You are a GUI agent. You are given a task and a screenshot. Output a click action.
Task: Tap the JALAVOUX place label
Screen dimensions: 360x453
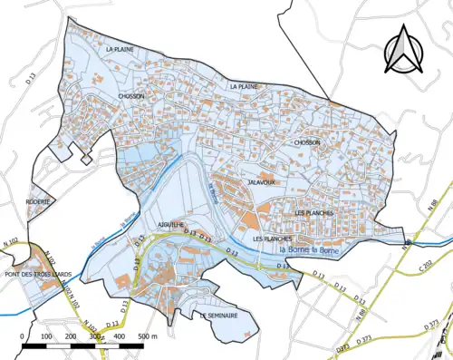[261, 182]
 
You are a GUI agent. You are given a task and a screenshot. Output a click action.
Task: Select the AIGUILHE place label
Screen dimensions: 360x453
[146, 222]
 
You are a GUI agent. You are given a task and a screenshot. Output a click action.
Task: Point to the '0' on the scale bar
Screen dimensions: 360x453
[21, 336]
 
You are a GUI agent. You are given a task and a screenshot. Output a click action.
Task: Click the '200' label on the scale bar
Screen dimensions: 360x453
[71, 336]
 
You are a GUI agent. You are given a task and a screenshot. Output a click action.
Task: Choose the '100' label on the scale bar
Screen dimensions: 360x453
[45, 336]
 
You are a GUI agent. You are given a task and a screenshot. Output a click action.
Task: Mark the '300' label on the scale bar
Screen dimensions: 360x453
[95, 336]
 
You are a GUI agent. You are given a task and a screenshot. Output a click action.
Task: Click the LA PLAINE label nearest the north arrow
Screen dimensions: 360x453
[245, 85]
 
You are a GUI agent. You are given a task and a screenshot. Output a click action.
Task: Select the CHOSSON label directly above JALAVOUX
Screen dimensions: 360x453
[307, 142]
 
